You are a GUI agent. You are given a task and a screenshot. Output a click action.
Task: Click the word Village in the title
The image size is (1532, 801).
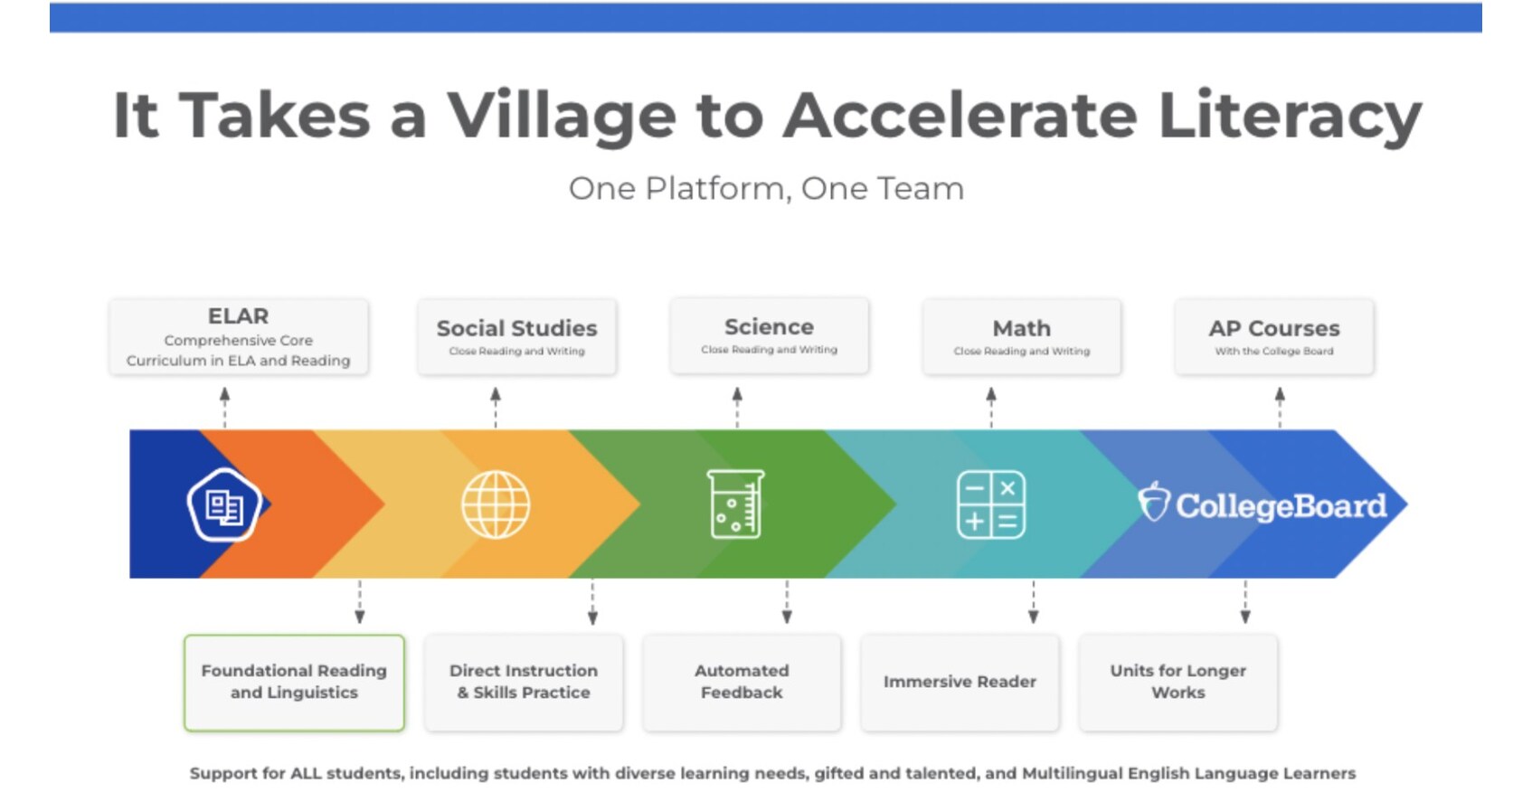(561, 116)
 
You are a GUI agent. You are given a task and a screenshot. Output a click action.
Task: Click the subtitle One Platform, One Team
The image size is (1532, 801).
(766, 189)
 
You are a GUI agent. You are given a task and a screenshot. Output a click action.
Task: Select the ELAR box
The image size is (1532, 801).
(239, 337)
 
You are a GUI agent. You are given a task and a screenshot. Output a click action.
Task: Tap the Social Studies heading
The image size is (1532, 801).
(516, 328)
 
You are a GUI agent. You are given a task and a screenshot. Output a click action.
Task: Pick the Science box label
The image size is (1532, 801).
(769, 327)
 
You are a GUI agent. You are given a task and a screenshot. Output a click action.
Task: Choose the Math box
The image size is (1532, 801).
(1021, 336)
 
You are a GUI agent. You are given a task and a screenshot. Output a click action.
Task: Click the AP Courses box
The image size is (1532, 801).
(1273, 336)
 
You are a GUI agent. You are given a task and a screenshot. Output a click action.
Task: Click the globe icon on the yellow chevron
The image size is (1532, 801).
(496, 504)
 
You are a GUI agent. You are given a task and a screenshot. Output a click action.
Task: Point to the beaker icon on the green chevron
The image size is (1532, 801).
(735, 504)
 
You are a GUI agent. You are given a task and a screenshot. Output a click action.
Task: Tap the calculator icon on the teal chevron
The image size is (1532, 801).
(991, 504)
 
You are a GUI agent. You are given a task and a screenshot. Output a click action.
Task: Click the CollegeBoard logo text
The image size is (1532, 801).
(1280, 505)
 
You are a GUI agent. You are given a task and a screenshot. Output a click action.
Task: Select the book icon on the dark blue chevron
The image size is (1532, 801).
(224, 505)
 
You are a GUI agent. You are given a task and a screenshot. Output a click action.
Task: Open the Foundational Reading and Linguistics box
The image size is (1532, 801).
(294, 683)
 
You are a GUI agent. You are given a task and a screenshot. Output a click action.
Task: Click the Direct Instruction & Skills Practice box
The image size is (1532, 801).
(524, 683)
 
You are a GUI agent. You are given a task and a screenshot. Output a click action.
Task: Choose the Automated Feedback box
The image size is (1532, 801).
(742, 683)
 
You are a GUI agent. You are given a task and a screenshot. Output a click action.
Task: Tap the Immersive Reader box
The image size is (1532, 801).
(960, 683)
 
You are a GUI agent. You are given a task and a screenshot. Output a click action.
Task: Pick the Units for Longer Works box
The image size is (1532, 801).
(1177, 683)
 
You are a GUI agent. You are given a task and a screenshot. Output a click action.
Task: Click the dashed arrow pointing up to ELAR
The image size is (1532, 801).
(225, 407)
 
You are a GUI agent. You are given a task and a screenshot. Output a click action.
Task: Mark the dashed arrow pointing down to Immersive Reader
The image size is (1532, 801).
(1033, 602)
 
